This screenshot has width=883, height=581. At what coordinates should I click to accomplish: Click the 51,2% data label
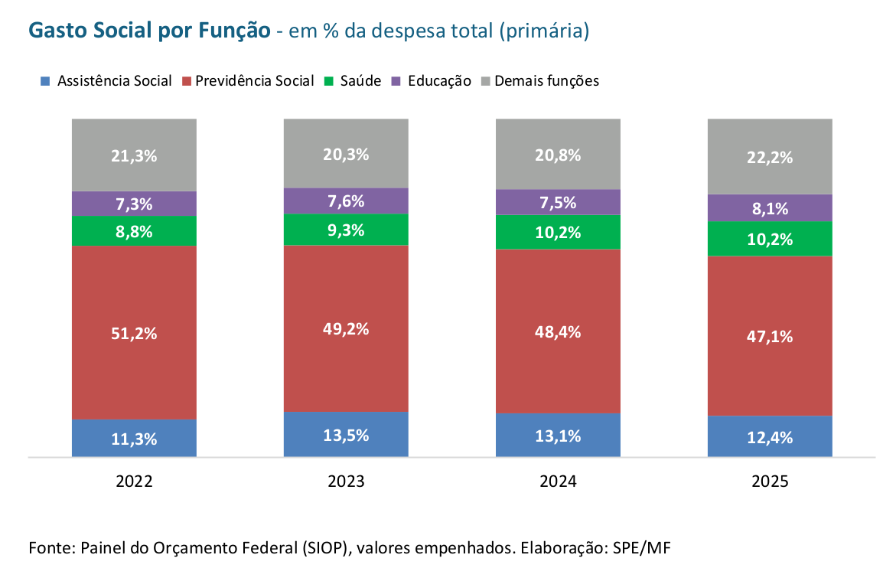pos(134,334)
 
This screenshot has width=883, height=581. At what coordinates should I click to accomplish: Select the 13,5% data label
pos(346,436)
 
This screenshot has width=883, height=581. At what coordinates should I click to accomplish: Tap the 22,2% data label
pos(770,158)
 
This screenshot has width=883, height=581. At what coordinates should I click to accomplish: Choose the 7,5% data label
pos(558,202)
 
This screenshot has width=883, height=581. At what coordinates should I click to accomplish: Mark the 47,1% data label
pos(770,336)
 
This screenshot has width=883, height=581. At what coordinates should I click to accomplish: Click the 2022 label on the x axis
pos(134,481)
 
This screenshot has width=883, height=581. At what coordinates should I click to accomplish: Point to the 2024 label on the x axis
pos(558,481)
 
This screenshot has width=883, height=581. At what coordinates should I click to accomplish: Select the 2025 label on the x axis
pos(770,481)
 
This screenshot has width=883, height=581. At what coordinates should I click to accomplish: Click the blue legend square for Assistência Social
pos(45,80)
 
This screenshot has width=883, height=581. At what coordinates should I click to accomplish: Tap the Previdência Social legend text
pos(255,80)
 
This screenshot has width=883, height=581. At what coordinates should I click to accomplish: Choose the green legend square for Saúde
pos(329,80)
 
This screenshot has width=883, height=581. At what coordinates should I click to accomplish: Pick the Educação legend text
pos(439,80)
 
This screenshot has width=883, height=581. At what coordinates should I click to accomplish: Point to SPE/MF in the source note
pos(647,548)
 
